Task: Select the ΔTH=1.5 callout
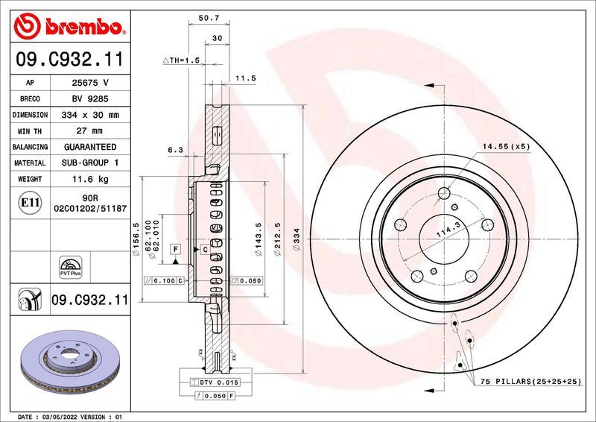[182, 60]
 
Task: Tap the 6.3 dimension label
[176, 150]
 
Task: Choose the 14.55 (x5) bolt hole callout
[506, 147]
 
